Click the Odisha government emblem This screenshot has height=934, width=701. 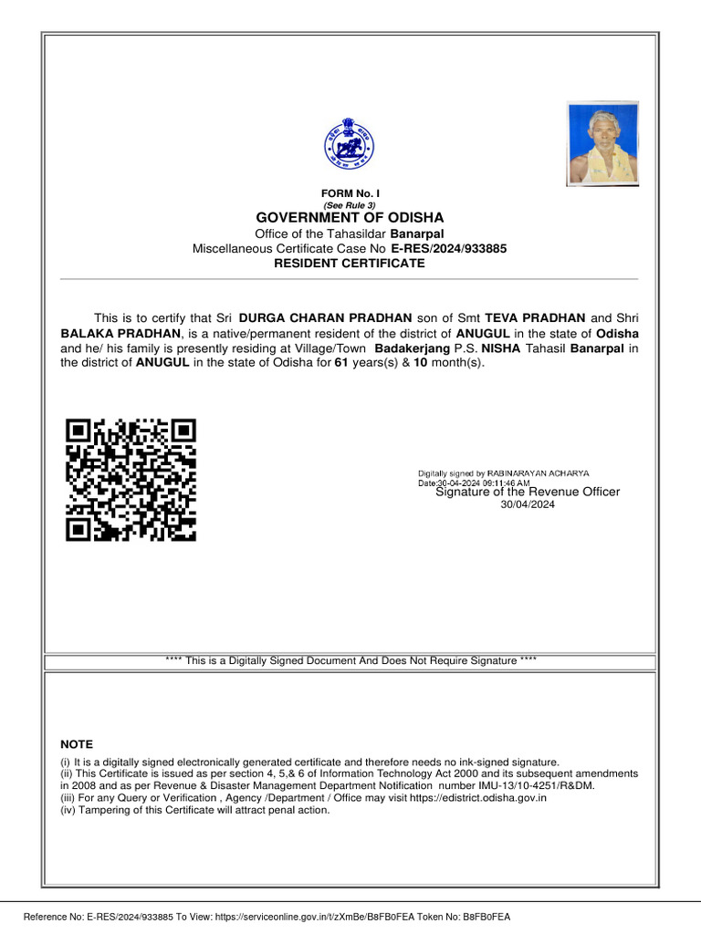pos(350,146)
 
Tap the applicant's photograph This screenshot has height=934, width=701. pos(602,144)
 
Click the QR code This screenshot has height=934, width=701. pos(131,479)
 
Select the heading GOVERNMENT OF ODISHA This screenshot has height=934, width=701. pos(350,218)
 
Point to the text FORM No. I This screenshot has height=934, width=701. pos(350,194)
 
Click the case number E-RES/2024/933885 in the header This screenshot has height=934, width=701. pos(448,248)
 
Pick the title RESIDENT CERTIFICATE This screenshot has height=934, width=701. pos(350,264)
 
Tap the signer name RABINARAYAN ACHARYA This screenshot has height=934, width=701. pos(539,473)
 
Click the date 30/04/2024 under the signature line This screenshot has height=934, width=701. pos(528,504)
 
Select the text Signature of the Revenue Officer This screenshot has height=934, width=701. pos(528,493)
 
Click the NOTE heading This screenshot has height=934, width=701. pos(77,744)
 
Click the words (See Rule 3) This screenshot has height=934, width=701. pos(350,205)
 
